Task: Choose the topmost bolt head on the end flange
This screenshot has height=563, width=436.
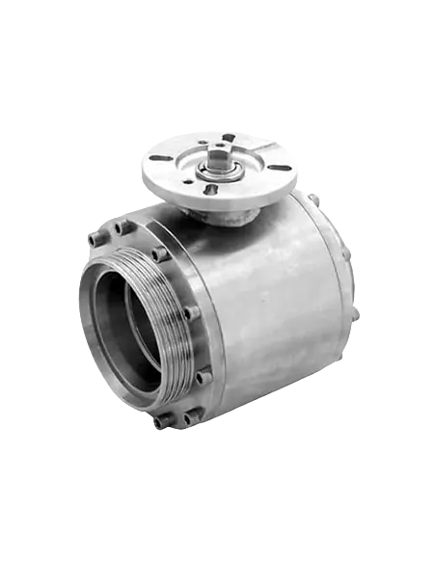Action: (x=123, y=228)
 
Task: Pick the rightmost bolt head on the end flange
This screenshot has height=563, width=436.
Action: (x=204, y=377)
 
